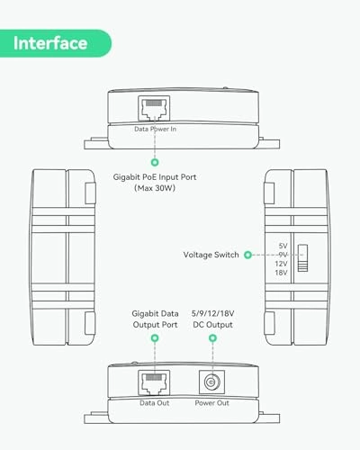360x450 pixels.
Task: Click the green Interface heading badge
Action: click(x=56, y=43)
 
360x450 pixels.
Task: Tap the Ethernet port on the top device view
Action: click(x=154, y=109)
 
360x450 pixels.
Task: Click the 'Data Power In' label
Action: click(x=155, y=129)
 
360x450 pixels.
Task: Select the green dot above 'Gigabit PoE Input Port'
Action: click(x=155, y=162)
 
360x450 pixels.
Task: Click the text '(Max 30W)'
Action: click(x=155, y=188)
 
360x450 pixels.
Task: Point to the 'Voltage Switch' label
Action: click(x=211, y=255)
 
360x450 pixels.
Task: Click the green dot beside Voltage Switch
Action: click(x=247, y=255)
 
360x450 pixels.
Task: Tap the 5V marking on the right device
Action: click(x=283, y=246)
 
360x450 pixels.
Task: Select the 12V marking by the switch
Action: click(x=281, y=264)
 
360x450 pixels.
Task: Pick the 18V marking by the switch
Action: click(x=281, y=273)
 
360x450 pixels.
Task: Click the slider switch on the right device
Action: click(x=302, y=258)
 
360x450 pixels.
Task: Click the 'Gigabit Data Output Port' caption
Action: click(x=155, y=319)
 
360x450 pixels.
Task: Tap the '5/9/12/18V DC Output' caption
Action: click(x=212, y=319)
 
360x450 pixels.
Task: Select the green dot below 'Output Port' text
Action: click(x=155, y=338)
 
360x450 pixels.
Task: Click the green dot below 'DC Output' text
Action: click(x=212, y=338)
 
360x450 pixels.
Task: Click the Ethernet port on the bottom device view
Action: click(x=154, y=382)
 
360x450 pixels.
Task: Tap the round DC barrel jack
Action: click(x=211, y=382)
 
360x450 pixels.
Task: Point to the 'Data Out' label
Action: click(x=155, y=403)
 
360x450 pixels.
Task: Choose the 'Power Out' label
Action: click(x=211, y=403)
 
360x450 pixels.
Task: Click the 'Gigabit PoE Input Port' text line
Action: click(x=155, y=177)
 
